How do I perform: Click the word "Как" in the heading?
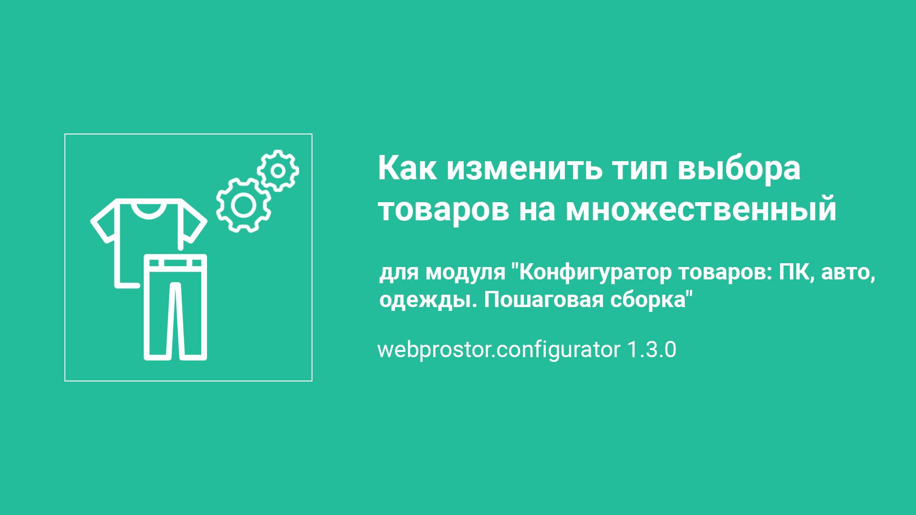tap(407, 168)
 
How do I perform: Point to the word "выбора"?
tap(739, 168)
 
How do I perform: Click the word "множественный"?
tap(701, 209)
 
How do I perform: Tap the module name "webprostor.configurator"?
tap(499, 350)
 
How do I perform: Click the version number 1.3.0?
tap(651, 350)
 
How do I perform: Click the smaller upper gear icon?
tap(278, 170)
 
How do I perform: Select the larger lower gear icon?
tap(243, 205)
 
